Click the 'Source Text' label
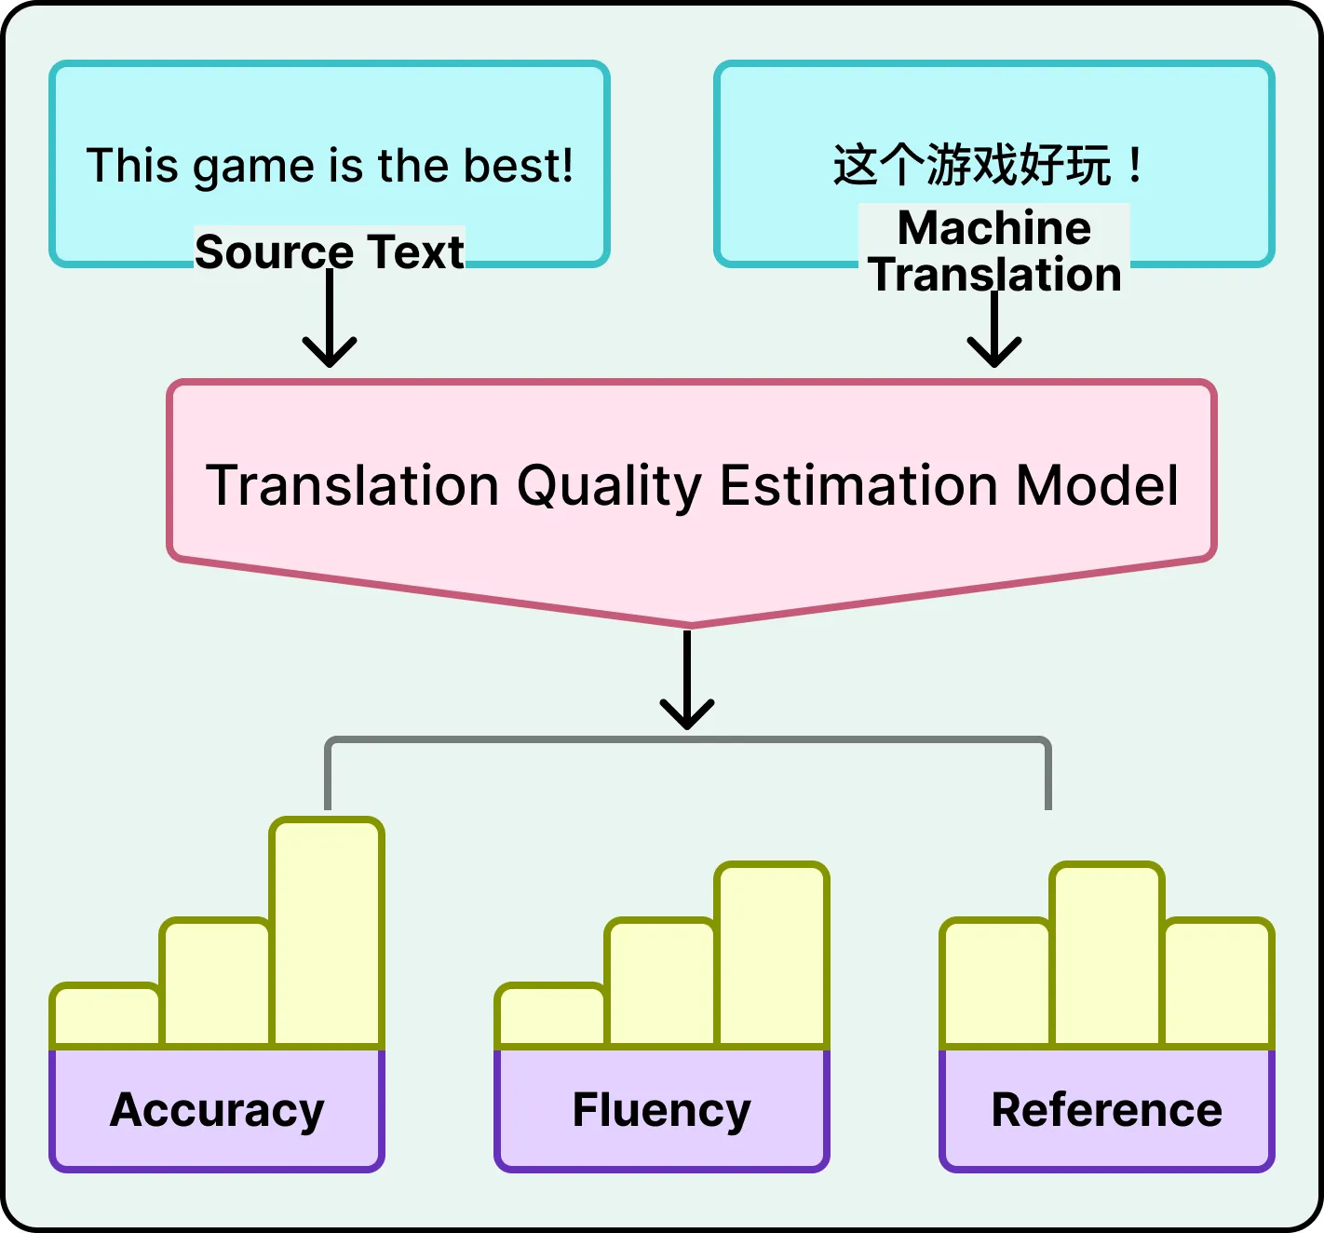(329, 251)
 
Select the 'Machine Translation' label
(993, 251)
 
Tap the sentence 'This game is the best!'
(330, 166)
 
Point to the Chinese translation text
(987, 166)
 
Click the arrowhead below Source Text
(330, 353)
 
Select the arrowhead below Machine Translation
(994, 353)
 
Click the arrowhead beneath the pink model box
(687, 714)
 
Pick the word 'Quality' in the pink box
(609, 485)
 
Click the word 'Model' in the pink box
(1097, 485)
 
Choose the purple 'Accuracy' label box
(217, 1109)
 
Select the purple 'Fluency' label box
(662, 1109)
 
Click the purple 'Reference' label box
(1106, 1109)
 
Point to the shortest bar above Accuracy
(106, 1015)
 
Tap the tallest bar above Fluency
(772, 955)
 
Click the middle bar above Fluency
(661, 982)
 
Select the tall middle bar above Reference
(1106, 955)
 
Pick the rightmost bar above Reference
(1218, 982)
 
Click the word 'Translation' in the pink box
(353, 485)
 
